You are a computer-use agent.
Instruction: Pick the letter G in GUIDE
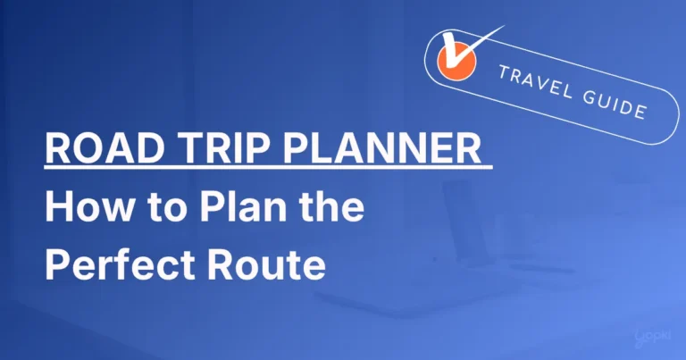click(587, 96)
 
